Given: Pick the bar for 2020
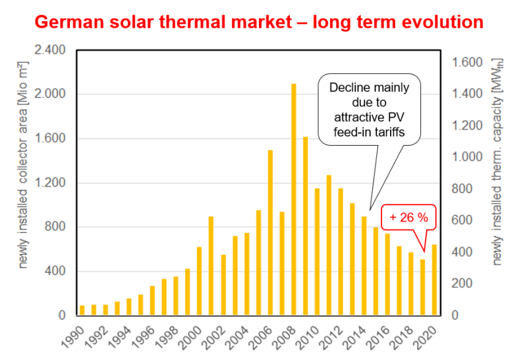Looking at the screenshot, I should click(x=434, y=280).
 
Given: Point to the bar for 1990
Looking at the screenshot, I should click(x=82, y=311).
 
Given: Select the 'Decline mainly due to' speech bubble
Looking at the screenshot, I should click(x=369, y=109).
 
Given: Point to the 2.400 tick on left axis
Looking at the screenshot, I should click(x=49, y=50).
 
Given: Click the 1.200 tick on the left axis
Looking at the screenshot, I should click(x=49, y=183).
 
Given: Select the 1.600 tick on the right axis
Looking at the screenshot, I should click(x=468, y=63).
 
